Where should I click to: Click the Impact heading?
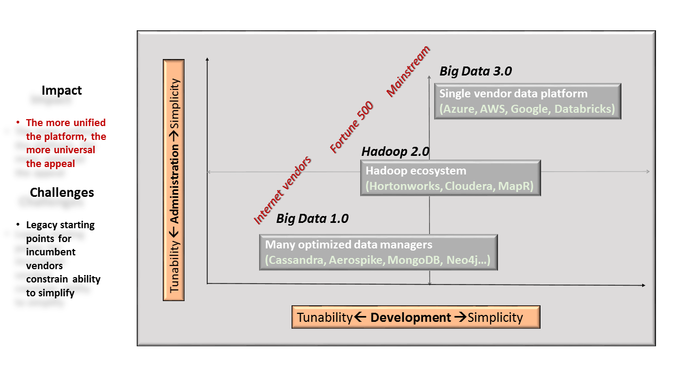click(x=62, y=90)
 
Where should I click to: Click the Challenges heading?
click(x=62, y=193)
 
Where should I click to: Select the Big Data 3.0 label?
click(x=476, y=71)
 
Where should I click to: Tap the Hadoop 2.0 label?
click(x=395, y=152)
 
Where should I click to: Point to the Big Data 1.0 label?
click(x=312, y=219)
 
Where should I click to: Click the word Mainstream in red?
click(x=408, y=71)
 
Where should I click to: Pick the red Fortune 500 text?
click(x=352, y=127)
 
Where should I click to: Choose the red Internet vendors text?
click(x=283, y=190)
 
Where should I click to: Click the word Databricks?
click(x=582, y=109)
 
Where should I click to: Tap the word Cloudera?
click(x=469, y=186)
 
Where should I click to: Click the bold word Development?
click(x=410, y=318)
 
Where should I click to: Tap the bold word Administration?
click(x=174, y=184)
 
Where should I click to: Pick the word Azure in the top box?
click(x=459, y=109)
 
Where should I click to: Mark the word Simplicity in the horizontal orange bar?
click(x=495, y=318)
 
